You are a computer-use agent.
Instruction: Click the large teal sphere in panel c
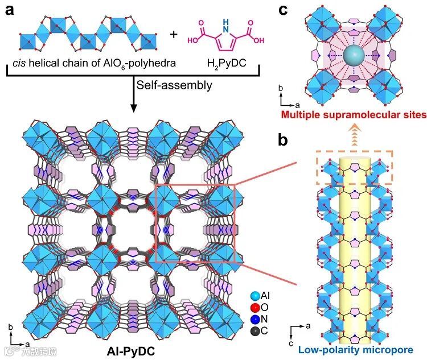tap(351, 56)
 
